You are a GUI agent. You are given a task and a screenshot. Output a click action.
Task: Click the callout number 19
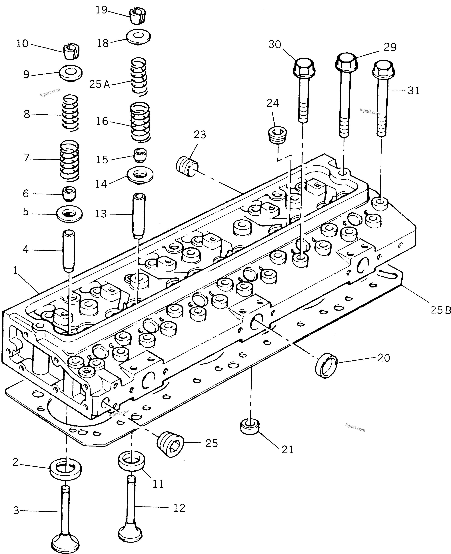(x=101, y=10)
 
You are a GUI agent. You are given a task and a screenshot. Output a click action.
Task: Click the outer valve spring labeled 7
(x=69, y=160)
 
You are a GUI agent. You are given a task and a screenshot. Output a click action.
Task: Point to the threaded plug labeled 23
(x=187, y=167)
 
